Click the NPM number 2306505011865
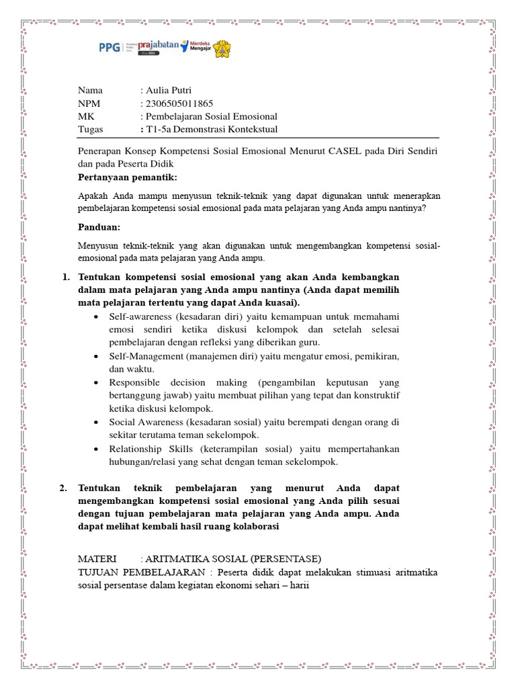coord(179,103)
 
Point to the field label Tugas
coord(91,129)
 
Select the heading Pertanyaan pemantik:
coord(128,177)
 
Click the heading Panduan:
coord(99,227)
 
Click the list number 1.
coord(65,277)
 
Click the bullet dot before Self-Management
coord(99,355)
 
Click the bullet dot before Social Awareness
coord(99,423)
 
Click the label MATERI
coord(97,559)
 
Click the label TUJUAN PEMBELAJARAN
coord(142,572)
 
